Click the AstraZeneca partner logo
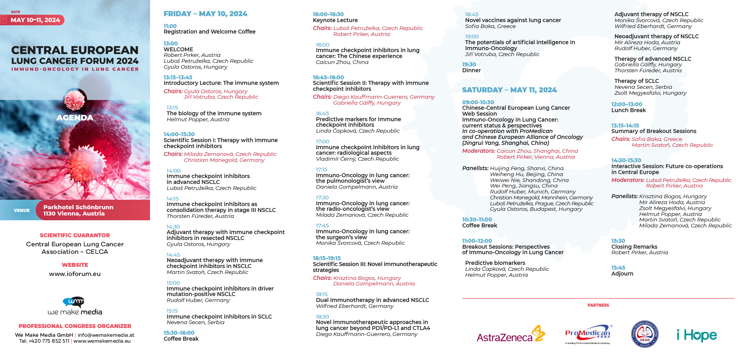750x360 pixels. [510, 335]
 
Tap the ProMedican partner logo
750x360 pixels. [588, 334]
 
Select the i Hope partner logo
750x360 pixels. [697, 335]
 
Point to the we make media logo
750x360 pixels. [75, 306]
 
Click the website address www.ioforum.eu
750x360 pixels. [75, 274]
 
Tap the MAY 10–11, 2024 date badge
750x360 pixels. [35, 20]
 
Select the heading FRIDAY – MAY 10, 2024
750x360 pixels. [205, 14]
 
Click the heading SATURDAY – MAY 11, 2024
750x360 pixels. [509, 90]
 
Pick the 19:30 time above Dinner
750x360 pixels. [469, 64]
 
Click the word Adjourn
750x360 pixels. [622, 274]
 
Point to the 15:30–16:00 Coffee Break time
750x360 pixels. [179, 333]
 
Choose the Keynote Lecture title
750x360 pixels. [335, 20]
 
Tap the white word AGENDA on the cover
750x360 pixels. [75, 118]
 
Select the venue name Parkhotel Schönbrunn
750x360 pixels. [78, 207]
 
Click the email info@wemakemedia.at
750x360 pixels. [106, 335]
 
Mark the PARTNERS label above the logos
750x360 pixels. [598, 305]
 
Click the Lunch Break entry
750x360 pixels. [628, 110]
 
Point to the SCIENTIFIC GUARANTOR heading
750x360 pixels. [75, 235]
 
